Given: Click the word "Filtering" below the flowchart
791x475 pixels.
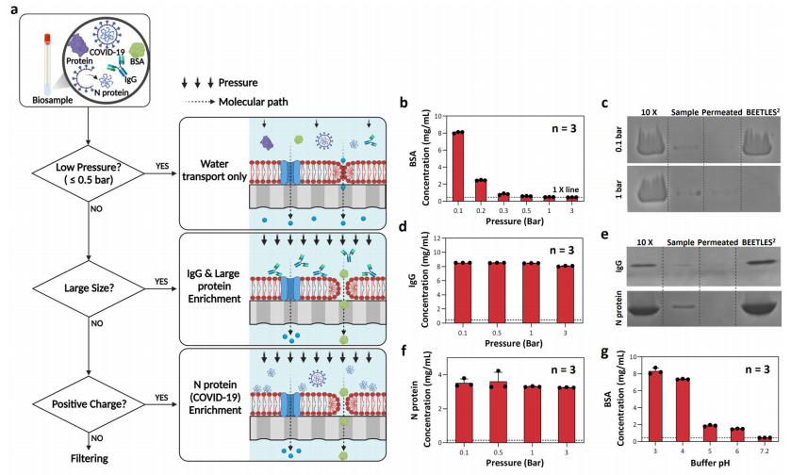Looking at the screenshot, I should pyautogui.click(x=87, y=459).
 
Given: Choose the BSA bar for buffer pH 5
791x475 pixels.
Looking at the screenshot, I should pyautogui.click(x=707, y=432).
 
